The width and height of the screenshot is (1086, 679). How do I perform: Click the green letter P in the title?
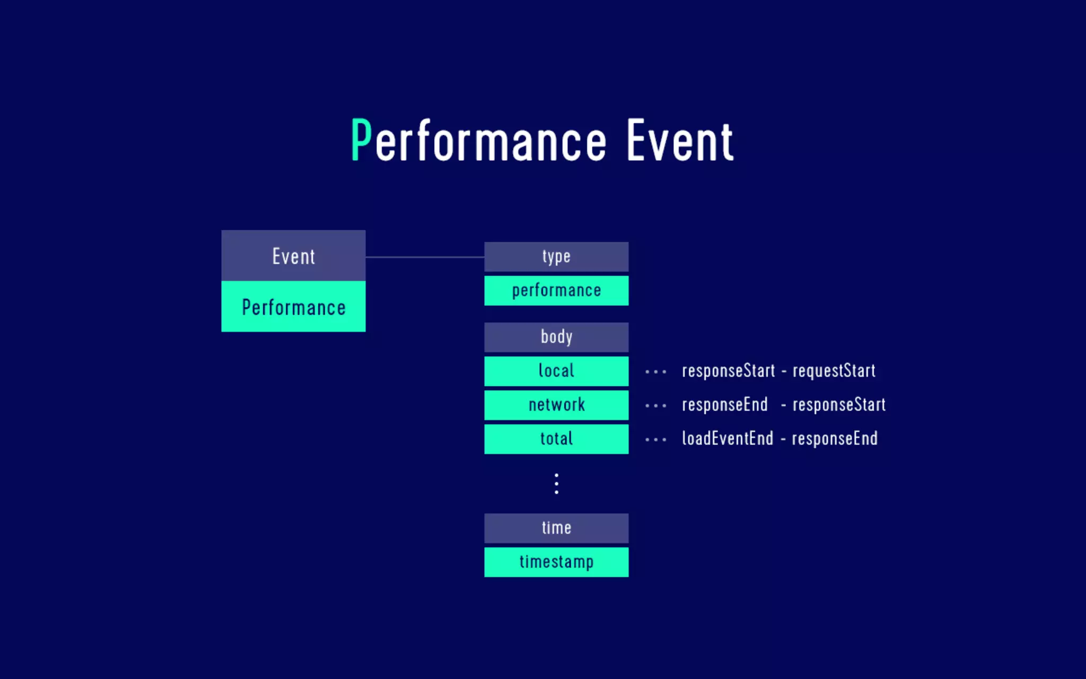click(x=361, y=141)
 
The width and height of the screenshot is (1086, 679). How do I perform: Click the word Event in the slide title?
click(x=680, y=141)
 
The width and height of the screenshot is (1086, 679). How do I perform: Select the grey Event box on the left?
click(x=293, y=256)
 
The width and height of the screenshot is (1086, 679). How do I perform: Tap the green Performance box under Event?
click(x=293, y=307)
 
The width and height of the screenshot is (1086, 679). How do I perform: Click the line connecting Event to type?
click(x=424, y=257)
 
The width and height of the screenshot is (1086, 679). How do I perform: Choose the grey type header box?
click(x=556, y=257)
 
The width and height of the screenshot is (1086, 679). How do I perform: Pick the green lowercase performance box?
click(x=556, y=291)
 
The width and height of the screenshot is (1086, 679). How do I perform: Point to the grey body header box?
click(x=556, y=337)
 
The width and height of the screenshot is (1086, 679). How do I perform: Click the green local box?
click(x=556, y=371)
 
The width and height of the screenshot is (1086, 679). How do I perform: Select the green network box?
click(x=556, y=405)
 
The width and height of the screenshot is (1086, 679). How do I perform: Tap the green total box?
click(x=556, y=439)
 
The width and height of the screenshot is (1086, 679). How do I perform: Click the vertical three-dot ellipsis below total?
click(x=556, y=484)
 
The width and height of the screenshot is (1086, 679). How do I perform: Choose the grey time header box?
click(x=556, y=528)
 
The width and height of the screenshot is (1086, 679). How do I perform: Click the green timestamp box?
click(x=556, y=562)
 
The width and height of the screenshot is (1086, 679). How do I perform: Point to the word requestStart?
click(x=834, y=371)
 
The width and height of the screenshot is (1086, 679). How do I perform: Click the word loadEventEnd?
click(x=728, y=439)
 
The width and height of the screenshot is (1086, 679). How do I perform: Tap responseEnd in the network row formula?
click(x=724, y=405)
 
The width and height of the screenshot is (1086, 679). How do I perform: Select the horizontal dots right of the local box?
click(x=656, y=372)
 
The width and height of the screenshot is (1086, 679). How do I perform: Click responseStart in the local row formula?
click(x=728, y=371)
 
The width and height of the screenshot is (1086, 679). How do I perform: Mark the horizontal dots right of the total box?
click(x=656, y=440)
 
